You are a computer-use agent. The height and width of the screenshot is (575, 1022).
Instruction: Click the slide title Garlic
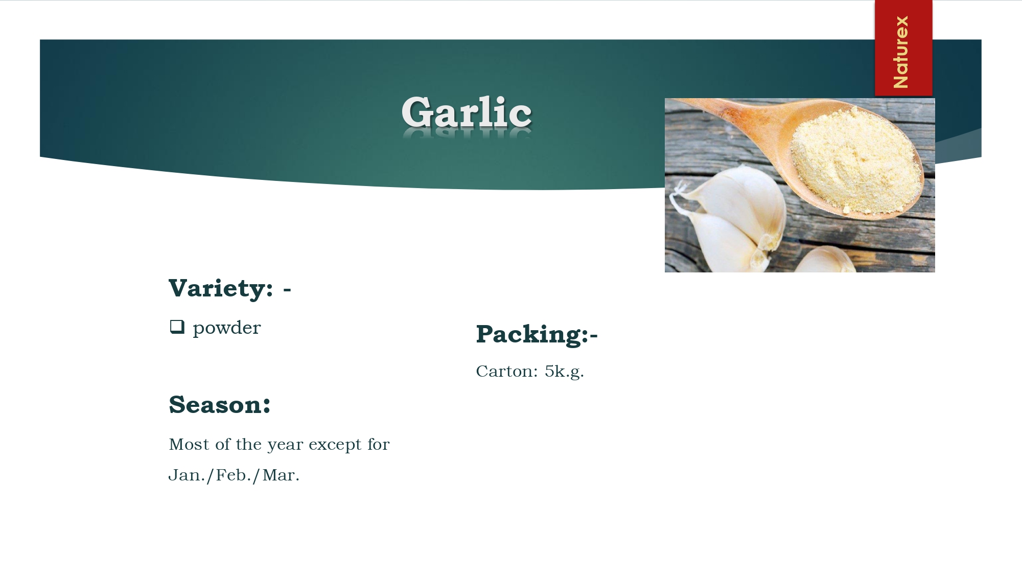(467, 112)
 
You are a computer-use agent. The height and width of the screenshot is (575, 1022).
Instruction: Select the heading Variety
(221, 289)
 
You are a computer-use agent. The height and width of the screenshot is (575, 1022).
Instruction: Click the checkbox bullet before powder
(177, 327)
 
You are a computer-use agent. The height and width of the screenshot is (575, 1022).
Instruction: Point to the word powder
(227, 328)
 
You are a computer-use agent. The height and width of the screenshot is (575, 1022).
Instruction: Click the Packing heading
(537, 335)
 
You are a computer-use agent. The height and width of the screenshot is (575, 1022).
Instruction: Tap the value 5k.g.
(564, 372)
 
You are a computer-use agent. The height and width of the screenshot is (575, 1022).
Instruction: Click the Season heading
(220, 405)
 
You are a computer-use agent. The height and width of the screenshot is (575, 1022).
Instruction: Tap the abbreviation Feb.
(234, 475)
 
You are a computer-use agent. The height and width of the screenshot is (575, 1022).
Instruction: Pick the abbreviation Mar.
(281, 475)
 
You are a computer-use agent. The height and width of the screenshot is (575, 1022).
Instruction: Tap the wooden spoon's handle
(736, 112)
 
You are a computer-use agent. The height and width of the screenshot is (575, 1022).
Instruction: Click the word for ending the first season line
(378, 444)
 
